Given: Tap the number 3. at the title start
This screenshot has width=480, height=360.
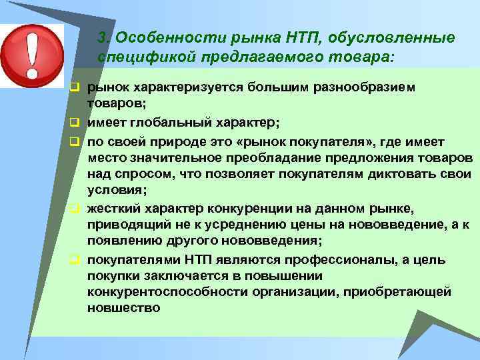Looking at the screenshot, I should (104, 38).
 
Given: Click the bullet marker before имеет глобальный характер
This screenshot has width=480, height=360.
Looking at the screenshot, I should (75, 123).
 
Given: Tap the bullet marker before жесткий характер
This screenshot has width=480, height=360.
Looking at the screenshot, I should (75, 207).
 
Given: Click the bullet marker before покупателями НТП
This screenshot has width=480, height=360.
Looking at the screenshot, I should (75, 259).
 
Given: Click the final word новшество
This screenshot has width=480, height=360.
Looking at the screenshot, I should (123, 308).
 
